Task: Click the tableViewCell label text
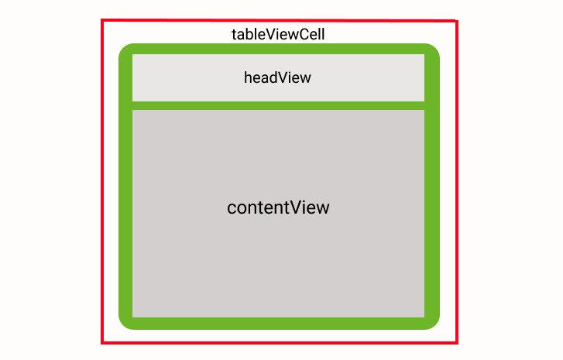pyautogui.click(x=277, y=35)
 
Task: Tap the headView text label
pyautogui.click(x=277, y=77)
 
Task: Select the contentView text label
pyautogui.click(x=278, y=207)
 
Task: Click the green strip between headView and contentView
pyautogui.click(x=278, y=105)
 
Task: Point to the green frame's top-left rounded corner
pyautogui.click(x=125, y=50)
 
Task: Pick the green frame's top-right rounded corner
pyautogui.click(x=433, y=50)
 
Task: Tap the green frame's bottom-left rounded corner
pyautogui.click(x=125, y=322)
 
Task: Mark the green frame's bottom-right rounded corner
pyautogui.click(x=433, y=322)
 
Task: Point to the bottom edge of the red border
pyautogui.click(x=279, y=342)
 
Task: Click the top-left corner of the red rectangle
pyautogui.click(x=102, y=20)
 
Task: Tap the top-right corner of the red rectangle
pyautogui.click(x=457, y=21)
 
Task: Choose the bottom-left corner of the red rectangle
pyautogui.click(x=102, y=342)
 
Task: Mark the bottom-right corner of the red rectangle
pyautogui.click(x=457, y=342)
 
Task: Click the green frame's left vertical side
pyautogui.click(x=125, y=209)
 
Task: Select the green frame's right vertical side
pyautogui.click(x=432, y=209)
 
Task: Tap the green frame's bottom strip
pyautogui.click(x=279, y=324)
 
